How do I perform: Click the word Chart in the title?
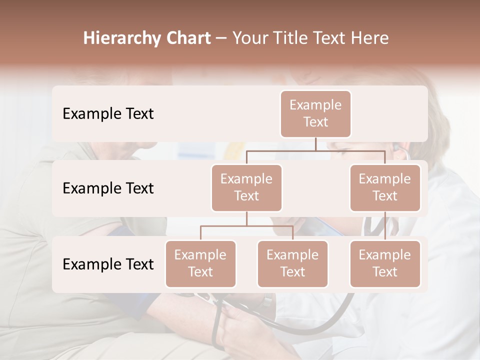[x=186, y=38]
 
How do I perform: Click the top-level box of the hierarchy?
[x=315, y=113]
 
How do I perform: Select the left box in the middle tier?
[x=246, y=187]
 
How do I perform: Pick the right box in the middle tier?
[x=385, y=187]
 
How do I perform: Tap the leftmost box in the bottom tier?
[x=200, y=263]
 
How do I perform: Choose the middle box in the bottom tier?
[x=292, y=263]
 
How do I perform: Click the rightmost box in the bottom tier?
[x=385, y=263]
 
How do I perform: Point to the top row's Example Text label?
[x=108, y=114]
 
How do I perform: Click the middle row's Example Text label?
[x=108, y=188]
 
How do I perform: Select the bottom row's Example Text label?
[x=108, y=264]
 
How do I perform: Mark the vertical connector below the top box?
[x=315, y=144]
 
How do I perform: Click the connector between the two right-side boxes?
[x=385, y=226]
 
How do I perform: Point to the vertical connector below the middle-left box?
[x=246, y=218]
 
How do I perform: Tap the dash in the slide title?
[x=221, y=38]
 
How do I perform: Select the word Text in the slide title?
[x=332, y=38]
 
